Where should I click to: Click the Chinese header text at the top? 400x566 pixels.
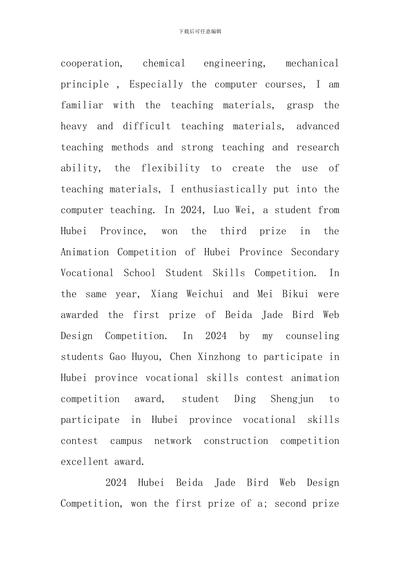200,31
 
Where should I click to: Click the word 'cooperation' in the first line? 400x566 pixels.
91,64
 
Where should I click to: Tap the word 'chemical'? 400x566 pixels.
164,64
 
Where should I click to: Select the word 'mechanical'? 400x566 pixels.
312,64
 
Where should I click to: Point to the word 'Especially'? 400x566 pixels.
156,85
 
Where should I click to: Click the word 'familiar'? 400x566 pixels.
82,105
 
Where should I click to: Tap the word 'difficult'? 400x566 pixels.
147,126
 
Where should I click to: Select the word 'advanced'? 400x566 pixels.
317,126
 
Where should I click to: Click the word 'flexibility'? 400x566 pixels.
171,168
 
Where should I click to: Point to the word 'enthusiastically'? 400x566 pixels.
224,190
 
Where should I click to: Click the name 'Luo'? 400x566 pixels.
221,210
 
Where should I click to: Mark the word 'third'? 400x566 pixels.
233,231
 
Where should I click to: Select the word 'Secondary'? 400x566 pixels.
315,252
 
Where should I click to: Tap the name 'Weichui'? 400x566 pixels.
205,294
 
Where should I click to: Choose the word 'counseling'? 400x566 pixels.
312,336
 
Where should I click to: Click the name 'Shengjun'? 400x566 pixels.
292,399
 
